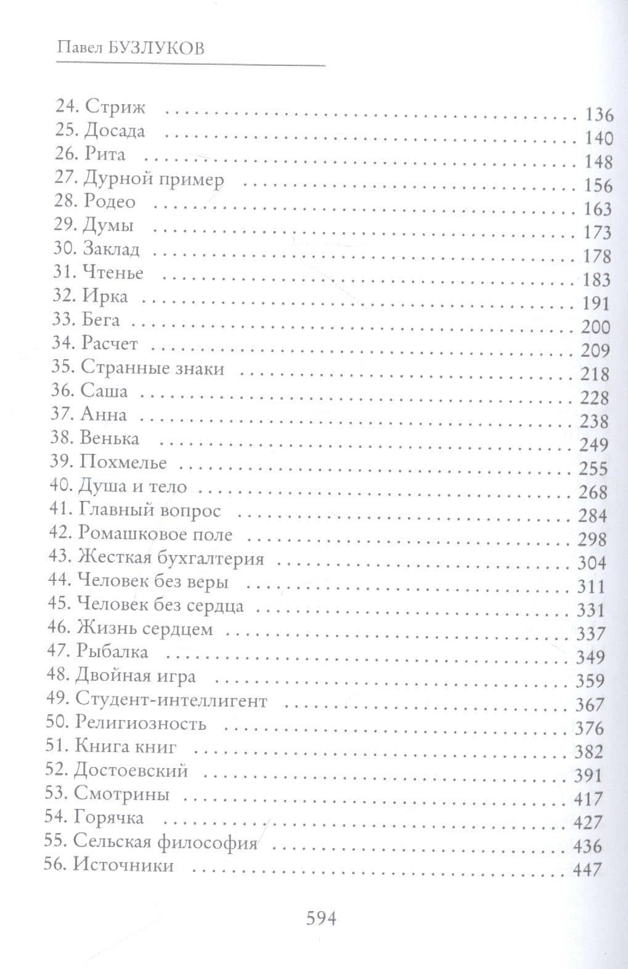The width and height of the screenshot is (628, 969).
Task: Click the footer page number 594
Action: [x=320, y=918]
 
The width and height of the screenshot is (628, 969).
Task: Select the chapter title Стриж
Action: [x=115, y=107]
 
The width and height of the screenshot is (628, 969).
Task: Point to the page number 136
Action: [x=597, y=115]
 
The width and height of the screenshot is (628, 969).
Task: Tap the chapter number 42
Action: [x=60, y=533]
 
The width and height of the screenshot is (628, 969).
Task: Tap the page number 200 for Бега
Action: [x=595, y=327]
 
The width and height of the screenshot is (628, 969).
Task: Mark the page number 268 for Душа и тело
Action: [x=593, y=492]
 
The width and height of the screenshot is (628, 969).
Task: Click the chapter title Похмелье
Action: [x=123, y=462]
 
